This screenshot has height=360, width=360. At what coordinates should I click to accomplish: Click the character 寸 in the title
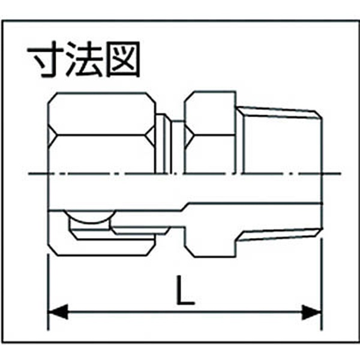coord(48,59)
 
